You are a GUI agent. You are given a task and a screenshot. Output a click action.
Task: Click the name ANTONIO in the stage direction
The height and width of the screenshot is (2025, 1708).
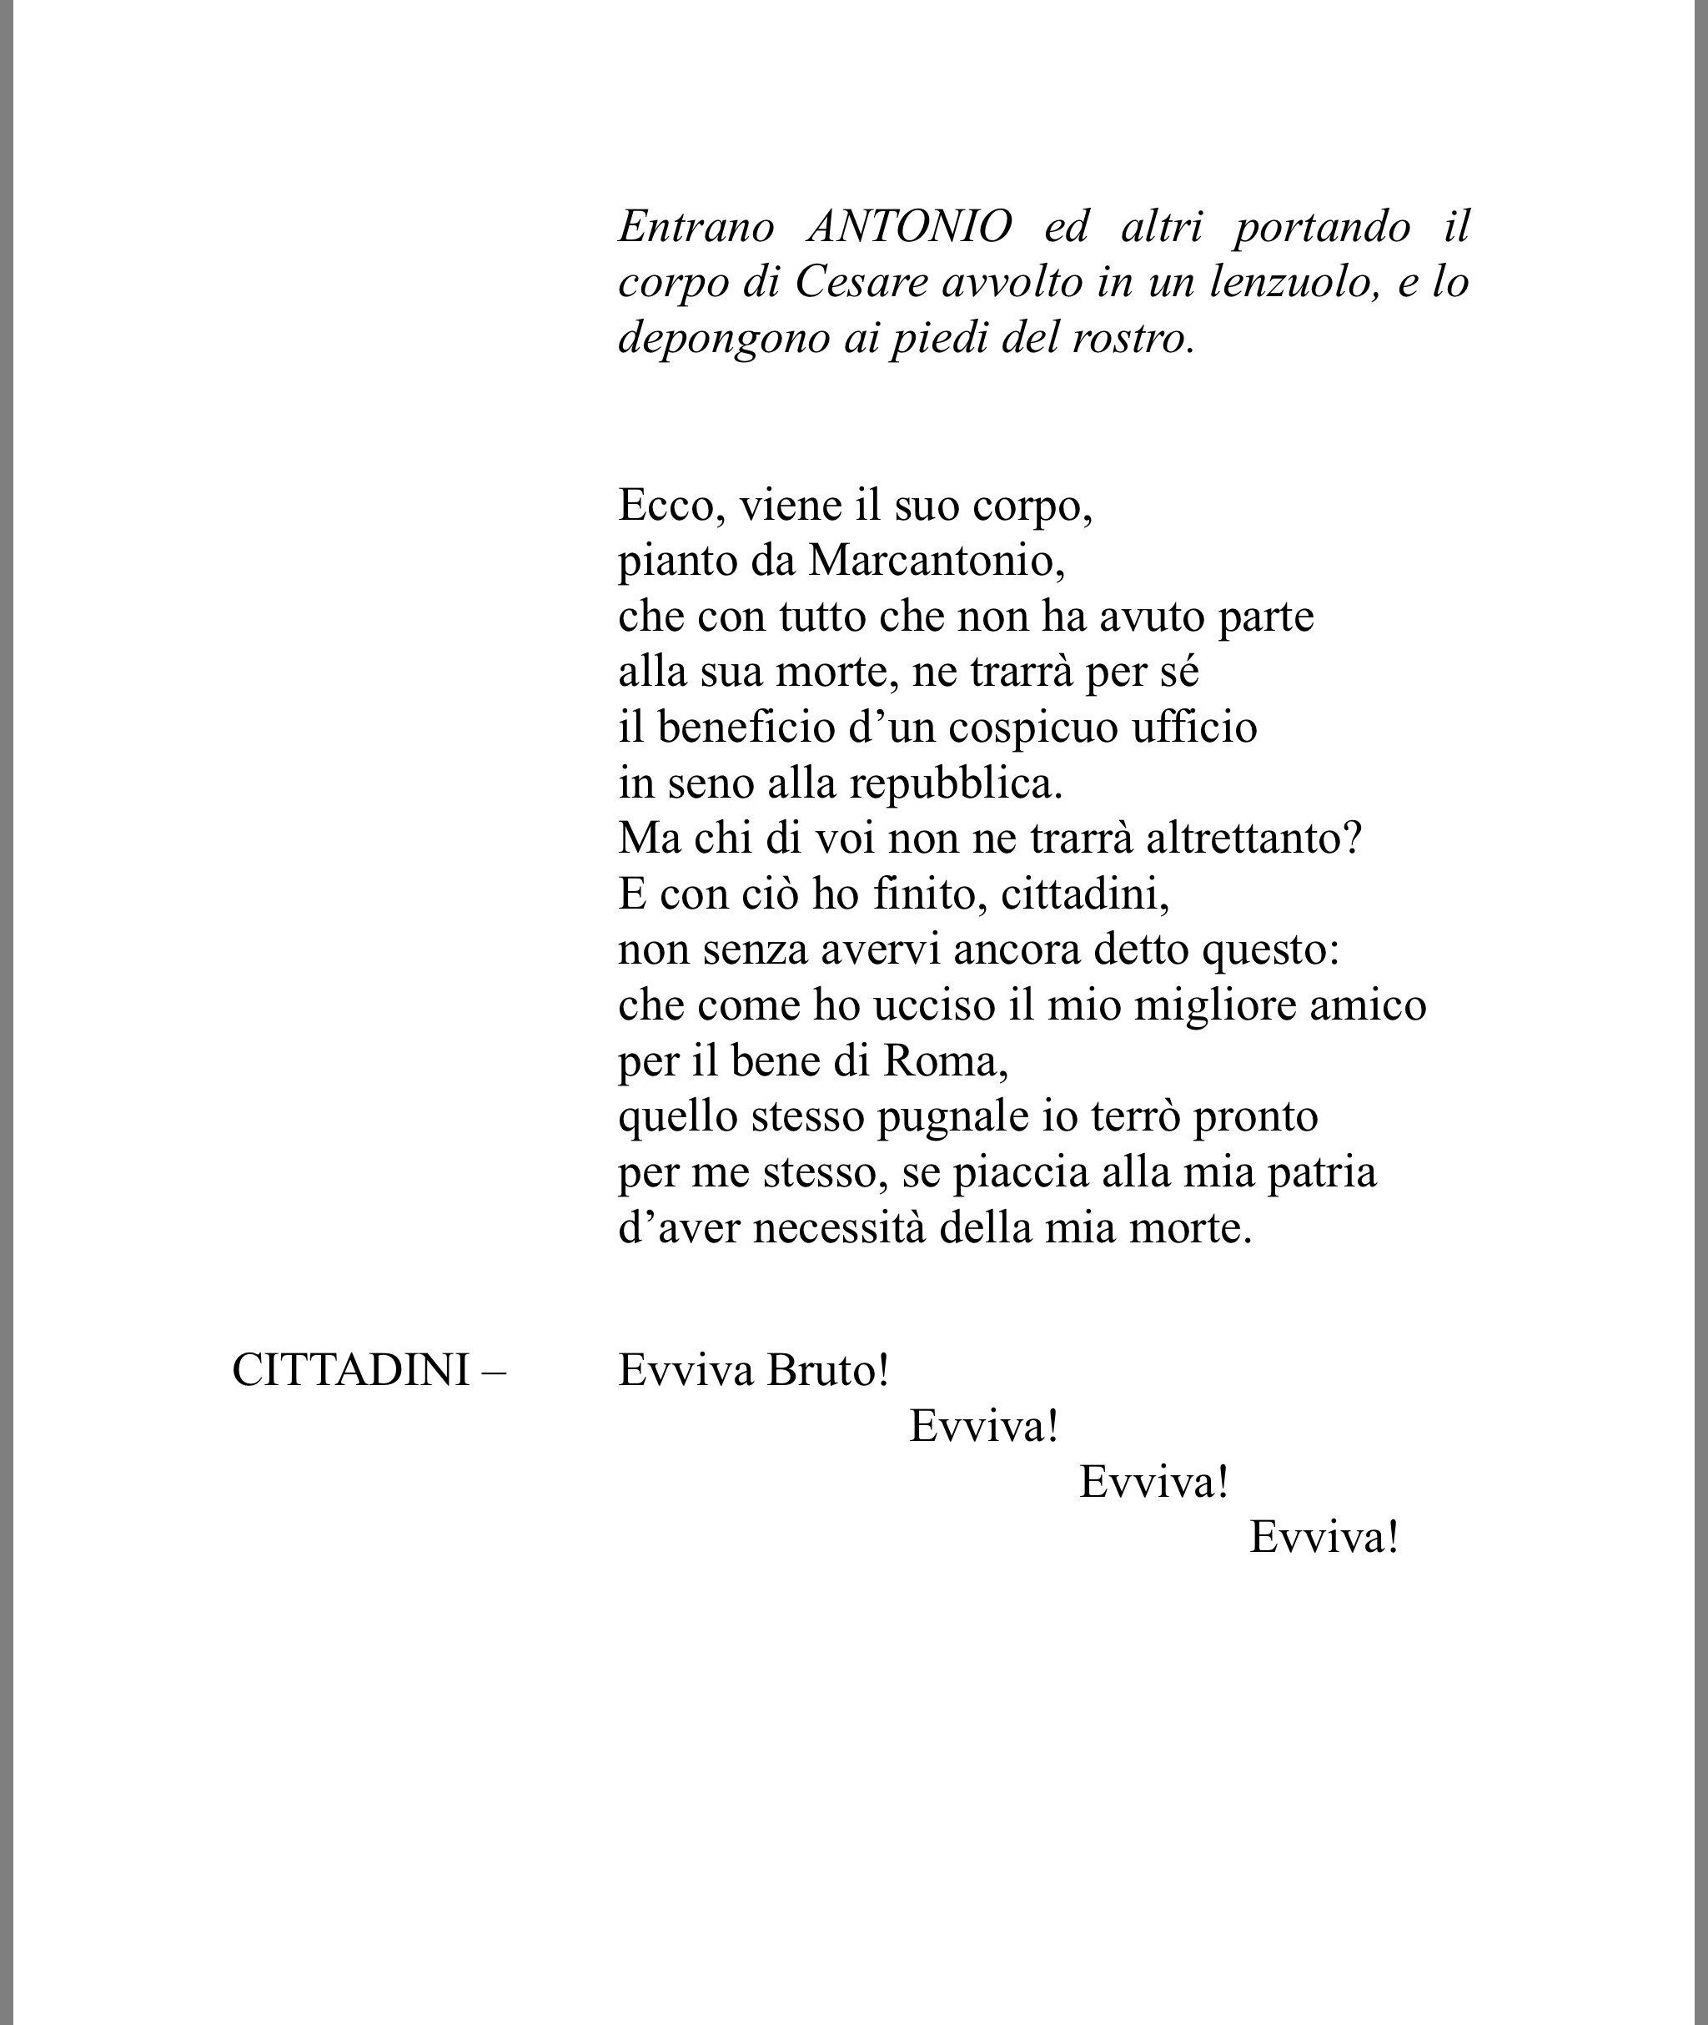(909, 227)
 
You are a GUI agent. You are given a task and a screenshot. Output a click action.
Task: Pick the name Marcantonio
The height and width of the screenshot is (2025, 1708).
(937, 561)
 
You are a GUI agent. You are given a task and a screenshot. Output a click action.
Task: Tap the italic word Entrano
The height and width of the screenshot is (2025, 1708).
(696, 227)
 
